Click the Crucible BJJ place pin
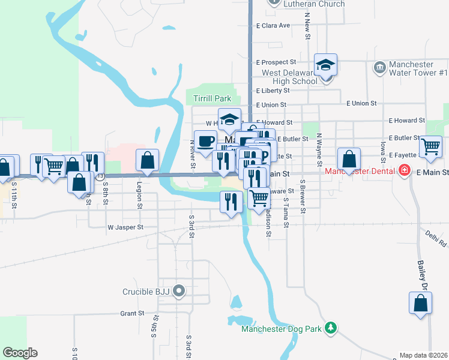179,292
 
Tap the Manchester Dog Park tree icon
330,328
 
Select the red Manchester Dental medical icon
405,171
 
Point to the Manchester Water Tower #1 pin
379,67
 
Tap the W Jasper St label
125,227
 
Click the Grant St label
131,313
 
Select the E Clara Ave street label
273,26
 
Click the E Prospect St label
276,62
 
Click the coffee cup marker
205,141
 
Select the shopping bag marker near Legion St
147,160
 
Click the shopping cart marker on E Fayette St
431,146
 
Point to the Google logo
20,353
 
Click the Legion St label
139,195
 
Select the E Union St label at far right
361,103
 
